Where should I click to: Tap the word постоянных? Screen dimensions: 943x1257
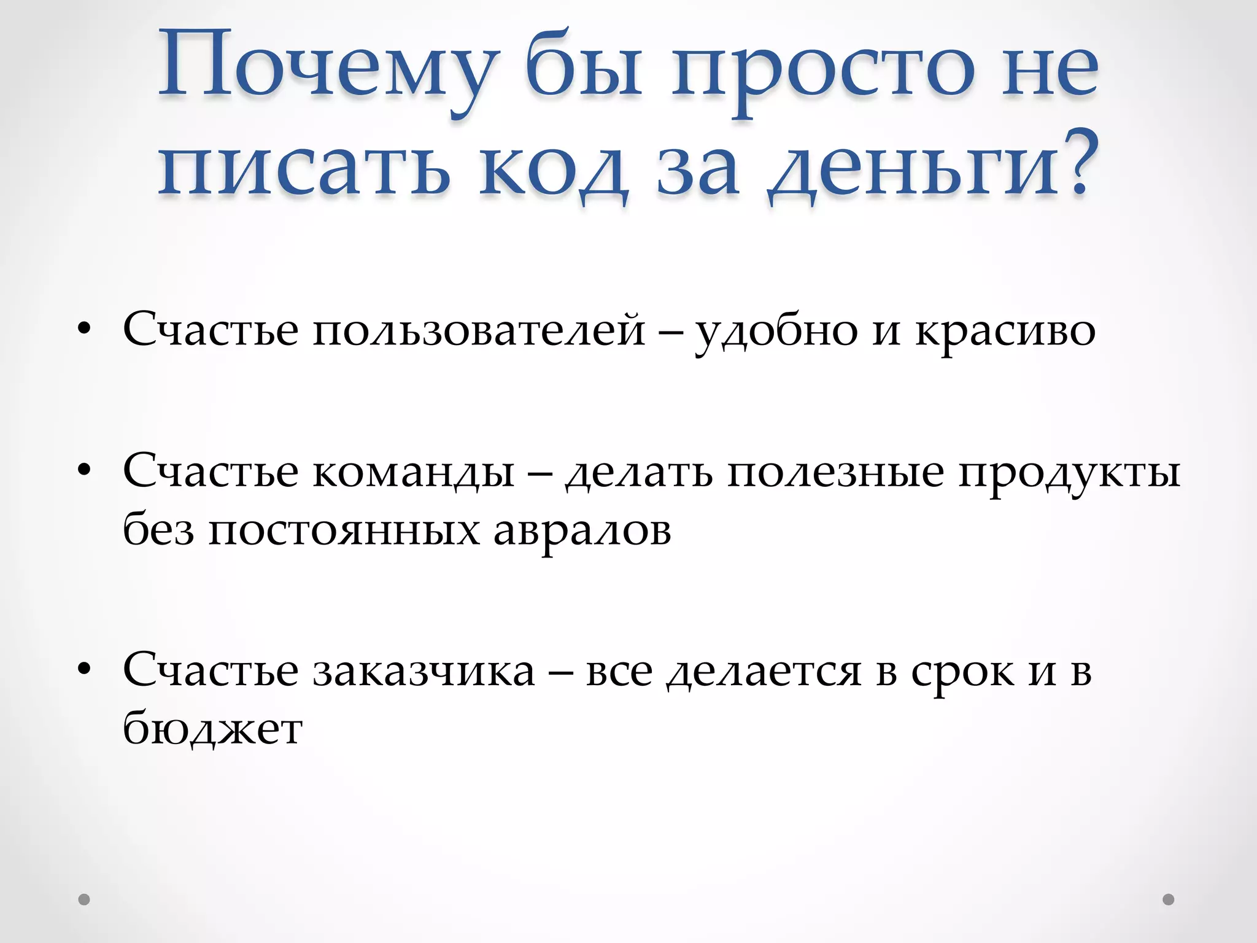point(344,532)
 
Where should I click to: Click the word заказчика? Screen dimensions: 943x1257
point(424,672)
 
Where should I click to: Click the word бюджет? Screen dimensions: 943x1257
point(212,731)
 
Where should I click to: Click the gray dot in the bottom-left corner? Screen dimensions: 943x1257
point(85,899)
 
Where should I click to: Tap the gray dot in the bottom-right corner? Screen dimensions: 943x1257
point(1169,899)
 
